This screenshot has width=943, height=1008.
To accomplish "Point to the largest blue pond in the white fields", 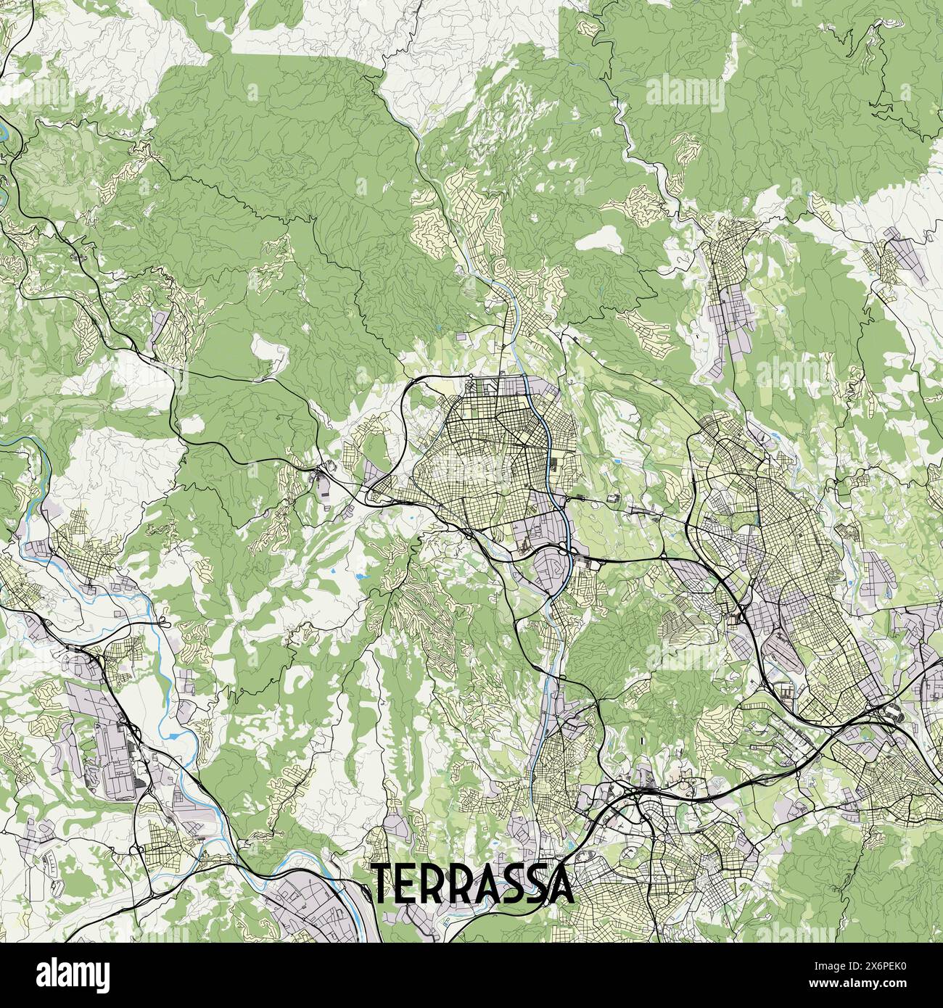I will pyautogui.click(x=361, y=577).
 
